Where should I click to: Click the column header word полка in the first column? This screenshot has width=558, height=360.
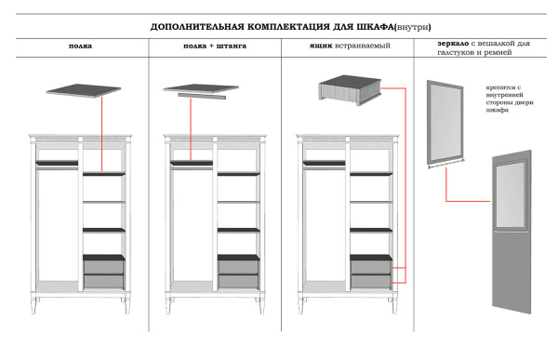click(x=81, y=45)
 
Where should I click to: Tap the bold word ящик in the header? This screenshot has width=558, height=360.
click(x=321, y=45)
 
